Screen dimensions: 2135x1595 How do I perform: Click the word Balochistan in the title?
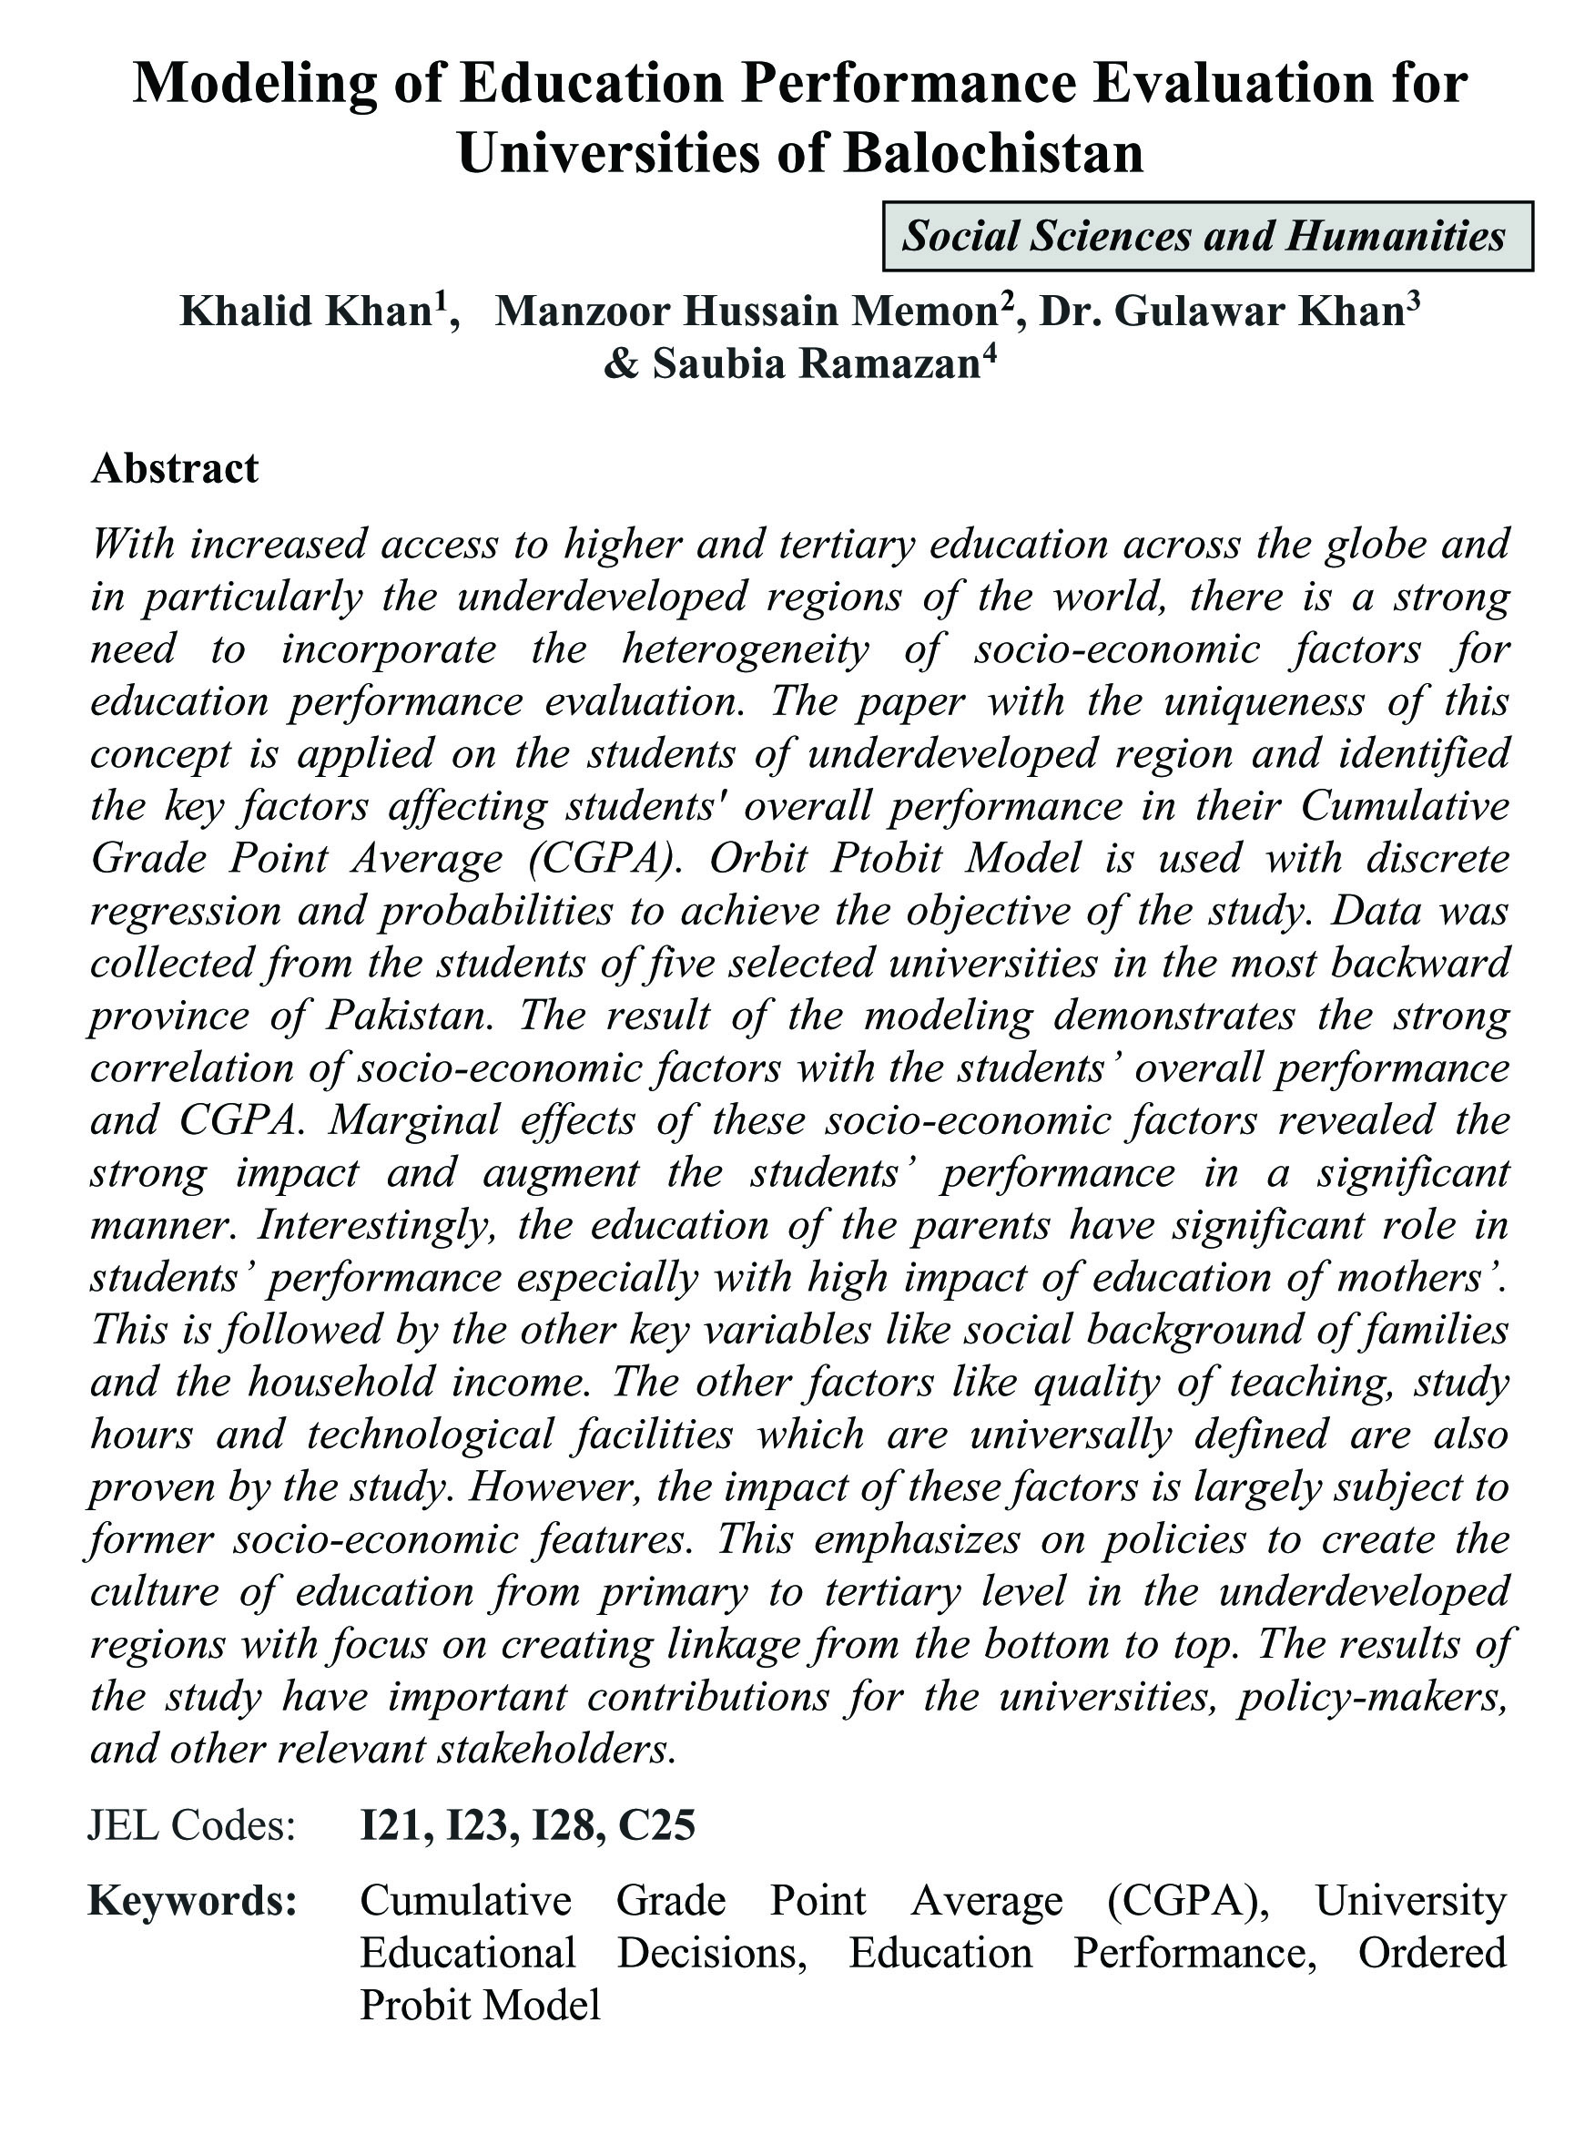coord(993,152)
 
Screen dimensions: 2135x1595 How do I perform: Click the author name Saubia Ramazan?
coord(816,363)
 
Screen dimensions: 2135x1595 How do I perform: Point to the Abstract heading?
coord(175,468)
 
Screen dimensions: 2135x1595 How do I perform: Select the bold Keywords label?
coord(192,1900)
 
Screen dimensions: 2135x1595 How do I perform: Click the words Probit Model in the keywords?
coord(481,2005)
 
